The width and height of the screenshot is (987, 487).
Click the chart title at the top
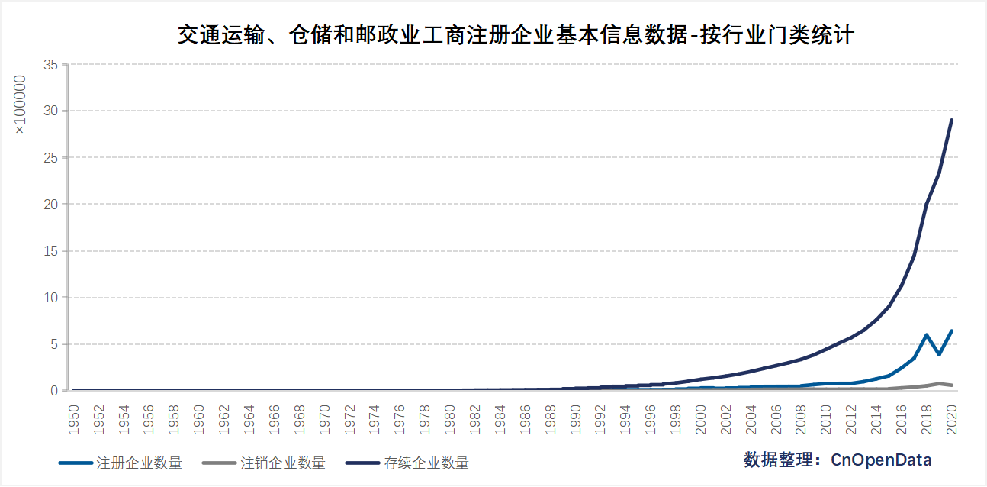coord(516,35)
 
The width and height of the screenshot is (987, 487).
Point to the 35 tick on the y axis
coord(50,65)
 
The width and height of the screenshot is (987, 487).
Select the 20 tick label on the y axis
coord(50,205)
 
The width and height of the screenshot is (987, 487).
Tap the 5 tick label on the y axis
coord(54,344)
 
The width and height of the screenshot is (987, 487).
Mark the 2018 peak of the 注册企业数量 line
coord(926,335)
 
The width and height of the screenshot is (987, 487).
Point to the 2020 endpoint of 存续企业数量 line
coord(951,120)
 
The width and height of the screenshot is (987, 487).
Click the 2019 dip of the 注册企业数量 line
coord(939,354)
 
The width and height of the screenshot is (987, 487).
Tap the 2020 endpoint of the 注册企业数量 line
coord(951,331)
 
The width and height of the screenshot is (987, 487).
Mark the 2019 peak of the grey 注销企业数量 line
coord(939,383)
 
